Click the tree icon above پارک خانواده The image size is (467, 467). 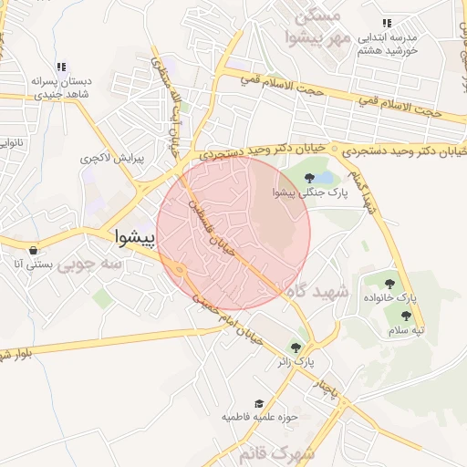point(391,284)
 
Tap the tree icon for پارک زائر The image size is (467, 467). point(296,347)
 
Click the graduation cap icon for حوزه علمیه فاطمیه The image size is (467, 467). point(260,402)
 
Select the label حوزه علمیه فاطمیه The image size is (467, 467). point(261,417)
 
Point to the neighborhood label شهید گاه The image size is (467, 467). point(317,292)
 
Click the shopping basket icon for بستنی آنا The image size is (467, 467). point(34,250)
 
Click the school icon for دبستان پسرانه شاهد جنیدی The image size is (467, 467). point(61,67)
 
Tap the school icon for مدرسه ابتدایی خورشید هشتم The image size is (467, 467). point(387,23)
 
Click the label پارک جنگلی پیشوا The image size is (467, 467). point(304,192)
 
